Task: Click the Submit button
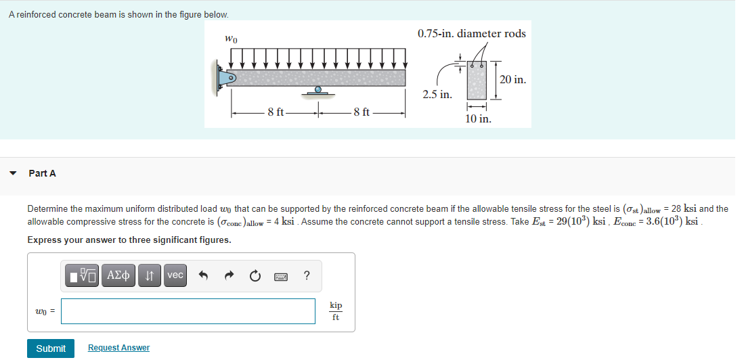pyautogui.click(x=51, y=348)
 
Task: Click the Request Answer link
pyautogui.click(x=118, y=348)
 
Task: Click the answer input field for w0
pyautogui.click(x=188, y=311)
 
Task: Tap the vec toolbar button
pyautogui.click(x=175, y=275)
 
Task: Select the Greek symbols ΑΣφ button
pyautogui.click(x=118, y=275)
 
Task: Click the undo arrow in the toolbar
pyautogui.click(x=202, y=275)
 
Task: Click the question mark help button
pyautogui.click(x=307, y=275)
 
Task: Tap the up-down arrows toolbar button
pyautogui.click(x=149, y=275)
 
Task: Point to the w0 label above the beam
pyautogui.click(x=230, y=40)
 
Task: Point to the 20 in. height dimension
pyautogui.click(x=512, y=80)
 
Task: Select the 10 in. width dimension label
pyautogui.click(x=478, y=118)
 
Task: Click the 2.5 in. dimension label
pyautogui.click(x=437, y=94)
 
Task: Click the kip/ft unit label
pyautogui.click(x=335, y=311)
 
